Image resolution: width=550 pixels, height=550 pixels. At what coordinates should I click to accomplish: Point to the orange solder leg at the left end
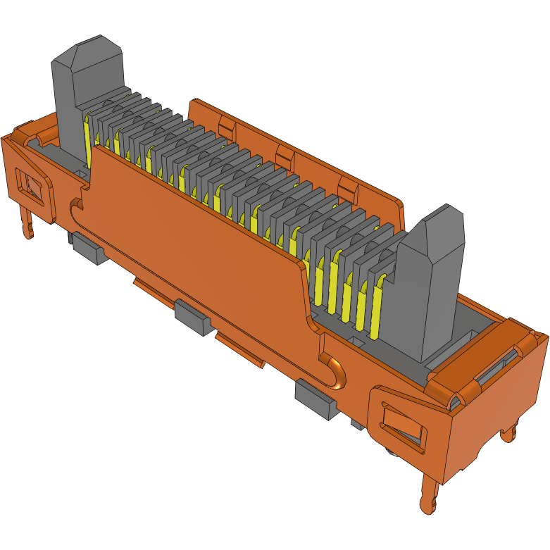pyautogui.click(x=27, y=222)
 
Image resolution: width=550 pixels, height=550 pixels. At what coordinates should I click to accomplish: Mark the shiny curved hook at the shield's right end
pyautogui.click(x=336, y=372)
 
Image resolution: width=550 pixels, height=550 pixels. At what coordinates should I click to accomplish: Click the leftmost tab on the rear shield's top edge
pyautogui.click(x=225, y=126)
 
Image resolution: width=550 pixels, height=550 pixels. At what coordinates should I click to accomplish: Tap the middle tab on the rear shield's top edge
pyautogui.click(x=284, y=154)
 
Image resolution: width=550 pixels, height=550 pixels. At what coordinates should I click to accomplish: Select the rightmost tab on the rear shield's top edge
pyautogui.click(x=348, y=187)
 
